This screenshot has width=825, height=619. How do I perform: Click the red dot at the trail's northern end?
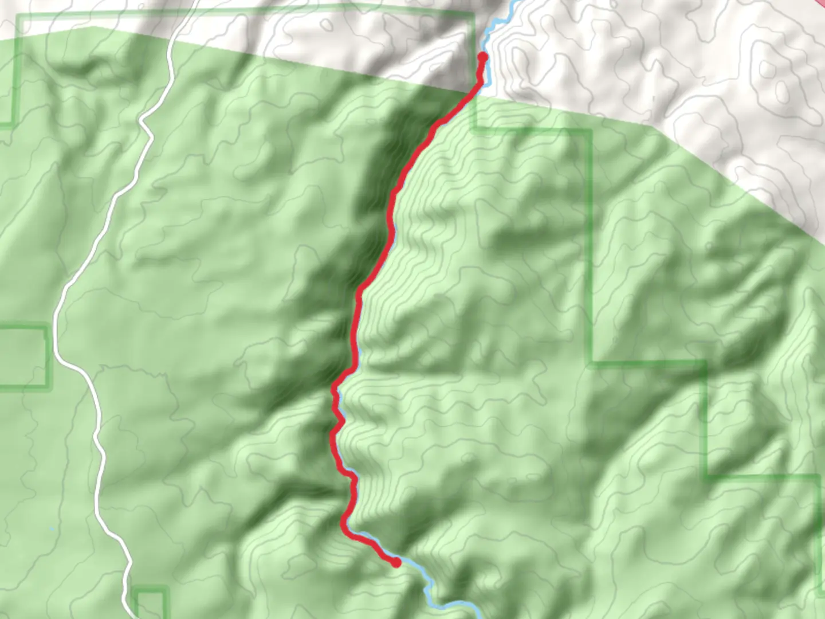click(x=482, y=57)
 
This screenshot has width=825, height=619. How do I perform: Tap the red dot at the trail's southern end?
click(x=395, y=563)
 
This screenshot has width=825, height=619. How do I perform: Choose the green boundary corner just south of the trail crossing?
click(x=474, y=130)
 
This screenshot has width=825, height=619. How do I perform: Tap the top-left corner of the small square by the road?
click(x=135, y=589)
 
